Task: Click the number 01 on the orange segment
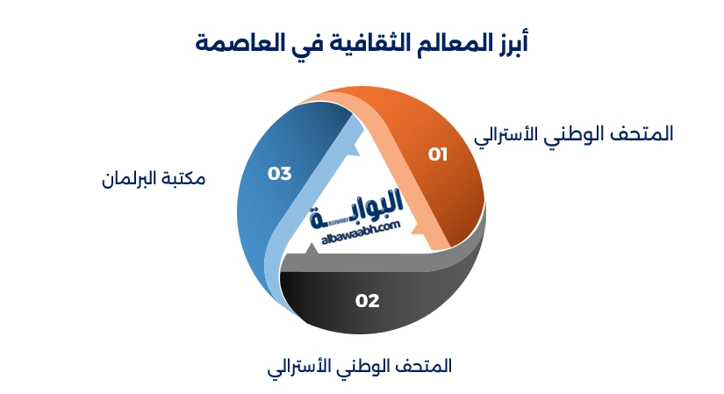438,154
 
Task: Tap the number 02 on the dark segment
367,301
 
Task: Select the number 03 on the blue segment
279,174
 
